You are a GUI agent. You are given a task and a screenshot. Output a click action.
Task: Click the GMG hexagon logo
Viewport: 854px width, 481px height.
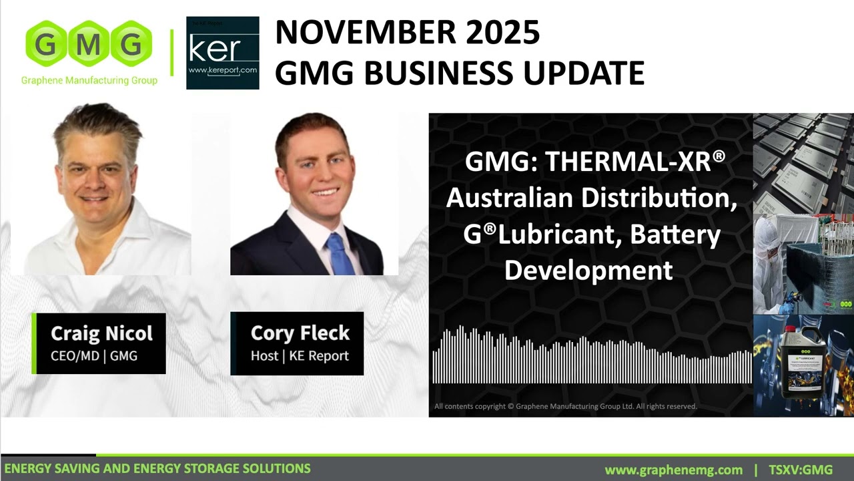(89, 45)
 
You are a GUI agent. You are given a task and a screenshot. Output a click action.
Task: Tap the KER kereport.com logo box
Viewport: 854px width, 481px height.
(222, 53)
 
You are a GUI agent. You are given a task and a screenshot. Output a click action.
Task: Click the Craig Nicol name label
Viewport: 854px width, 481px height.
(101, 333)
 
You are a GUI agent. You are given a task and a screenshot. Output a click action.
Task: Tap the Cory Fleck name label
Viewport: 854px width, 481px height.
(300, 333)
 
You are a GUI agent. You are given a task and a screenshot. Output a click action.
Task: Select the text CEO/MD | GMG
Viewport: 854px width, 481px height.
(94, 356)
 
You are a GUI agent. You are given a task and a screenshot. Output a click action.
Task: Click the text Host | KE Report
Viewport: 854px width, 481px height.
(300, 356)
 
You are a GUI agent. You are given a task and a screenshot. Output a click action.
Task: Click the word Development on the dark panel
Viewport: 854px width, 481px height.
(588, 270)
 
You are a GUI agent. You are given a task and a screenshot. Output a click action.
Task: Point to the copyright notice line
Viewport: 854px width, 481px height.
(565, 406)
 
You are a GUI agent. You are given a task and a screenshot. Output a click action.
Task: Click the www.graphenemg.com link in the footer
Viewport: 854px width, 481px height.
(673, 470)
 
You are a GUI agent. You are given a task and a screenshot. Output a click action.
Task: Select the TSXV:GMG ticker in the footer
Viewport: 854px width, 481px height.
(801, 470)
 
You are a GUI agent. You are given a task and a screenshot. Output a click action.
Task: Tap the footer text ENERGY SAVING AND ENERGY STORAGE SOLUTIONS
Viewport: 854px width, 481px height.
(157, 469)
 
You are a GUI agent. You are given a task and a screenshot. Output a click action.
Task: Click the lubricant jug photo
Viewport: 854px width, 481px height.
(803, 365)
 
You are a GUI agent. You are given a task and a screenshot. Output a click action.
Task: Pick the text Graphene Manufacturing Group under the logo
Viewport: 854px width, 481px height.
(89, 81)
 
